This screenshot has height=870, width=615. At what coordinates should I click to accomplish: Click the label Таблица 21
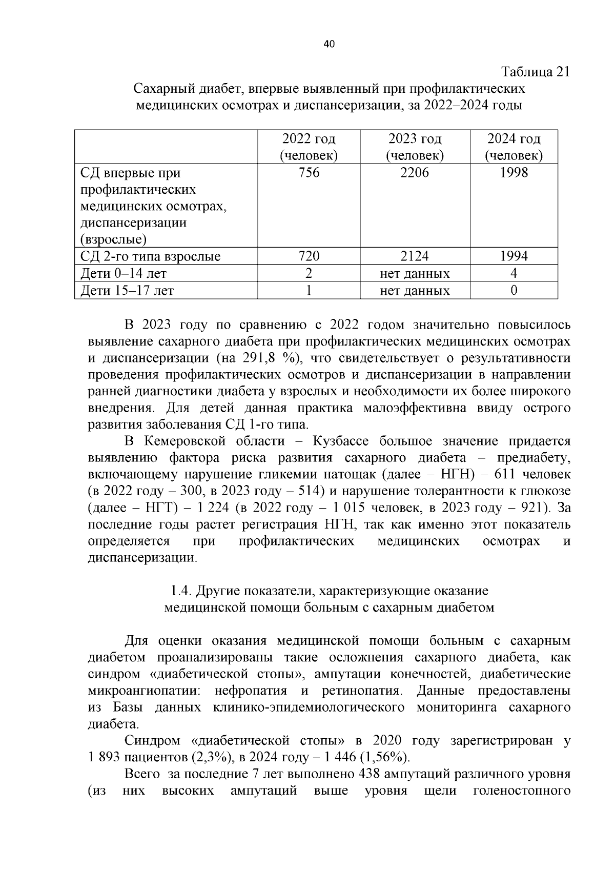(535, 72)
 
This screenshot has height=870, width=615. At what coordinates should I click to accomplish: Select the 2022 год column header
(309, 147)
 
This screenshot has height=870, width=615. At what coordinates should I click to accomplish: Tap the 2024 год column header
(514, 147)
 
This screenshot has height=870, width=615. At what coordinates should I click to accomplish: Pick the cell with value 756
(309, 173)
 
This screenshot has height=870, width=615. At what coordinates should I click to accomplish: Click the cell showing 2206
(415, 173)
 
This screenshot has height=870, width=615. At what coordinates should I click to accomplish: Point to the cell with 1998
(514, 173)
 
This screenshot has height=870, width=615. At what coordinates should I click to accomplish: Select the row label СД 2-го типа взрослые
(151, 256)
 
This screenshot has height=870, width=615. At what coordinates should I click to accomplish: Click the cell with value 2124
(415, 256)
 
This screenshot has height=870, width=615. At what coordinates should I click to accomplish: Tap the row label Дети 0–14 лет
(124, 274)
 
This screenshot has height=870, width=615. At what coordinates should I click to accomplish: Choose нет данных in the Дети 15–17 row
(415, 291)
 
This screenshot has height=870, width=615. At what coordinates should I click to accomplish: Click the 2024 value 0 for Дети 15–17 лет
(514, 291)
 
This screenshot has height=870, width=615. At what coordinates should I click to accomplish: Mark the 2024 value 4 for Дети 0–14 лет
(514, 274)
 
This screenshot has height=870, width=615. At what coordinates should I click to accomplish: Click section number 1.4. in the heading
(181, 591)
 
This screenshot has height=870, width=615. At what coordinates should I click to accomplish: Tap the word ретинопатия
(362, 691)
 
